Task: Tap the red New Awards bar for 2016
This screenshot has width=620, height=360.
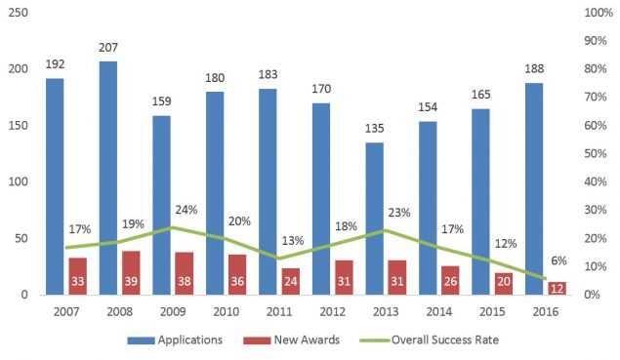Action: point(556,288)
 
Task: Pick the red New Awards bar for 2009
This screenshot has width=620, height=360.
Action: point(184,273)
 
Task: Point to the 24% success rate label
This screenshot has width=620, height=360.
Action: point(187,211)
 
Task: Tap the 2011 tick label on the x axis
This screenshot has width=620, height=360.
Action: point(278,311)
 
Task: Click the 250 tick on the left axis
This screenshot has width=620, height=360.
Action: point(17,13)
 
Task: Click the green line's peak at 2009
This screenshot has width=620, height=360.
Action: point(172,227)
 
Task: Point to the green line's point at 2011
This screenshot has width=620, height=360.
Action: point(278,259)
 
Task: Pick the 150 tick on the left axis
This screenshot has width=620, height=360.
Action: point(17,126)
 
